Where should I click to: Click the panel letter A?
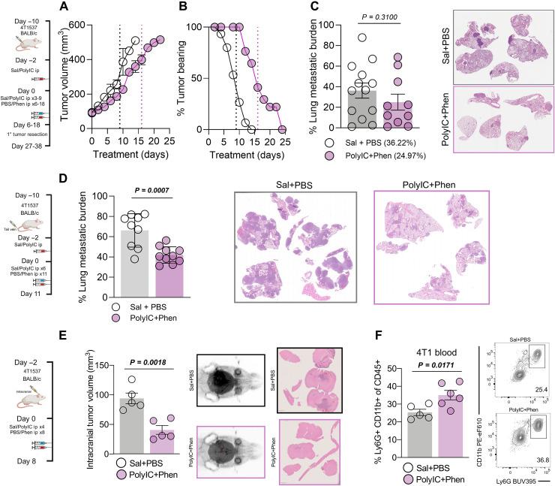point(78,9)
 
